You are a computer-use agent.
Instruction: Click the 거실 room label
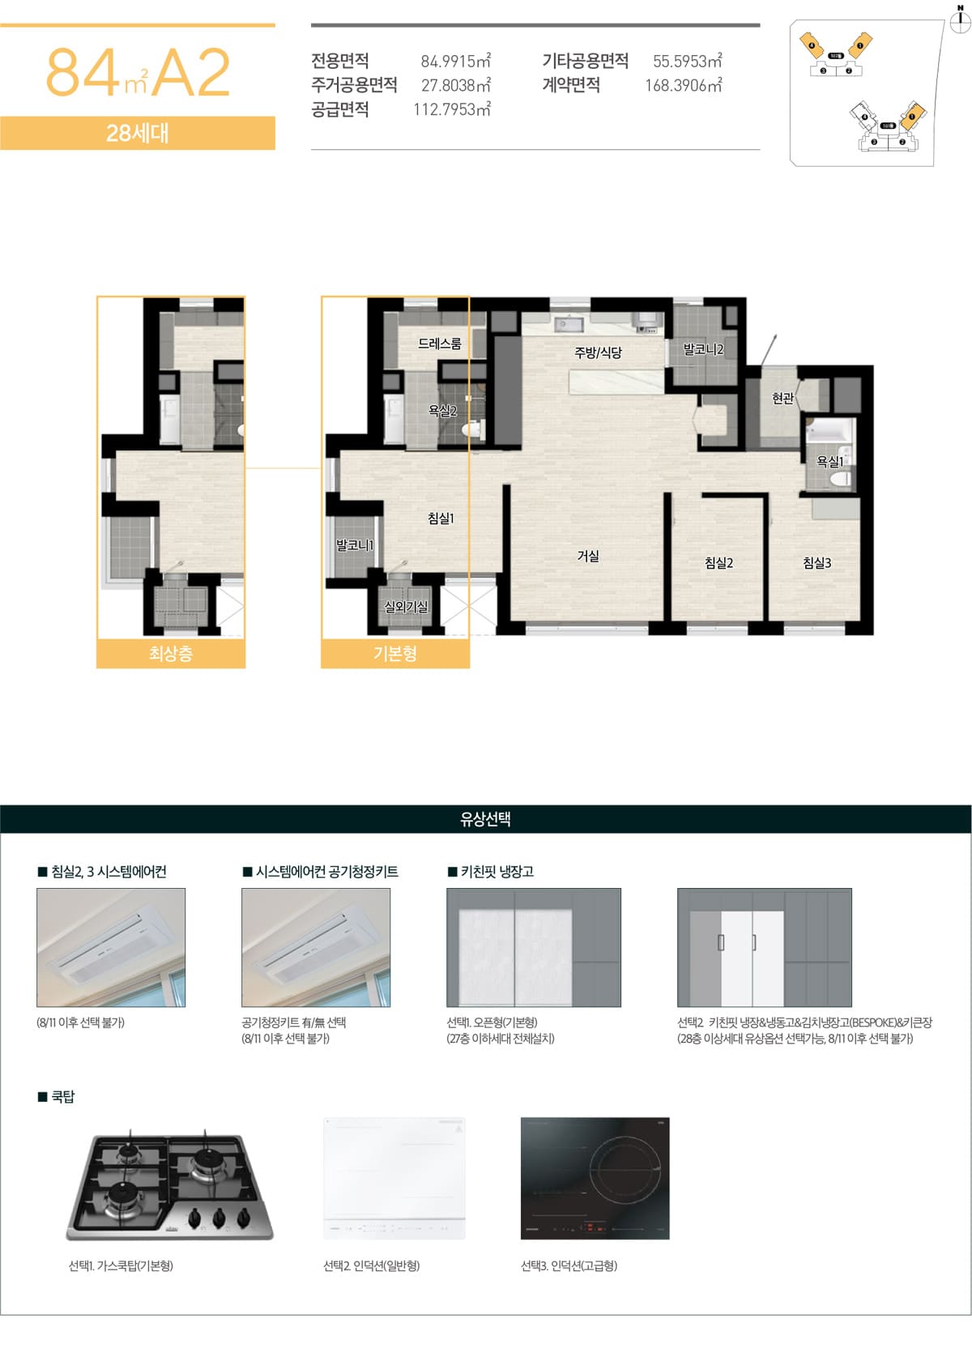coord(588,556)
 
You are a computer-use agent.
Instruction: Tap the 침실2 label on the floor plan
coord(718,562)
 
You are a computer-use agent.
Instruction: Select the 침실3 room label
coord(816,562)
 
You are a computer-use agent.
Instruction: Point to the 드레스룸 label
coord(439,344)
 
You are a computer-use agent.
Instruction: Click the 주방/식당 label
coord(598,352)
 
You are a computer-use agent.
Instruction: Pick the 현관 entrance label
coord(782,398)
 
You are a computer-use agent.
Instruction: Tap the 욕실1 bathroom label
coord(829,461)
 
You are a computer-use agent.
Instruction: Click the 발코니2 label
coord(703,349)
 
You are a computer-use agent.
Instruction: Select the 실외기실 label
coord(406,606)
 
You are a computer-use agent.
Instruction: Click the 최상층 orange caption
coord(171,653)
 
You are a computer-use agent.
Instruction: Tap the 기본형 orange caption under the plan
coord(395,653)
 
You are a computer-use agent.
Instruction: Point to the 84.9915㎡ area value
coord(455,61)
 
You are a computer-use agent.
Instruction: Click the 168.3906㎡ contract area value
coord(683,85)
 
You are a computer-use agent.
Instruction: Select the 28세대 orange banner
coord(138,133)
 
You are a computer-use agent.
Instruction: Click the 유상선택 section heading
coord(485,818)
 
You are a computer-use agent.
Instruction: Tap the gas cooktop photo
coord(169,1185)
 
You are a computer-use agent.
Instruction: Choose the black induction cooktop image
coord(595,1178)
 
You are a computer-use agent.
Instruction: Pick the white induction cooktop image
coord(394,1178)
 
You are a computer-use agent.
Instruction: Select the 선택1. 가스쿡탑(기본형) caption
coord(121,1266)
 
